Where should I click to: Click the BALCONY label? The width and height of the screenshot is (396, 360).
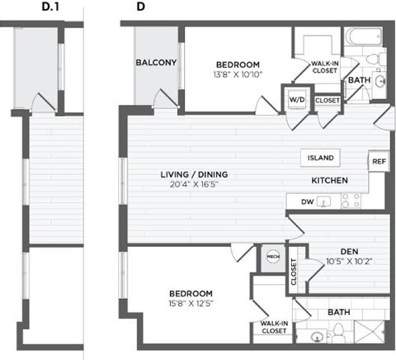[153, 62]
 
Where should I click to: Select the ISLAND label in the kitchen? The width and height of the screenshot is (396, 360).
[320, 158]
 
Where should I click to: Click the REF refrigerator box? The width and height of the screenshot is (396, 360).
[379, 162]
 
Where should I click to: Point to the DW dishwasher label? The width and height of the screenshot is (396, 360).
[307, 201]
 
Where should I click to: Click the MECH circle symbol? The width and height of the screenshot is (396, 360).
[272, 258]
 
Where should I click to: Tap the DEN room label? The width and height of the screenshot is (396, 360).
[347, 253]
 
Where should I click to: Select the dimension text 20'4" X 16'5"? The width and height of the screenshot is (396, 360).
[194, 187]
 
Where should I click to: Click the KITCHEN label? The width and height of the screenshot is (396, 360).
[328, 181]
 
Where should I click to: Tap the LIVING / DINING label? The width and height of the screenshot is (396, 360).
[194, 175]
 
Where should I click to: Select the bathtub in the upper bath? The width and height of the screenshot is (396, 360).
[361, 38]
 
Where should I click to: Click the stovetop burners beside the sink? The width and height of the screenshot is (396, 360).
[351, 201]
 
